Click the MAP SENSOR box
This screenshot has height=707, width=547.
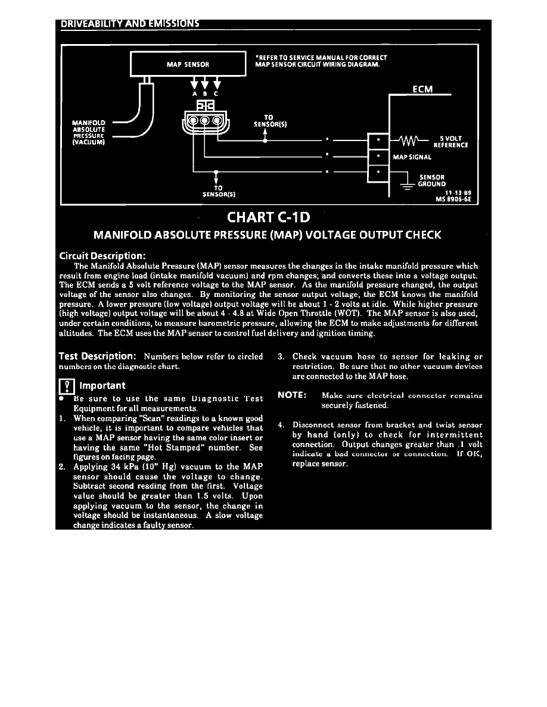click(188, 63)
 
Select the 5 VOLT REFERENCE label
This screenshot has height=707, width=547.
click(450, 142)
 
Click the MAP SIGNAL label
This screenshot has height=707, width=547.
click(412, 157)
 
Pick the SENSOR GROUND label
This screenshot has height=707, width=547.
click(433, 180)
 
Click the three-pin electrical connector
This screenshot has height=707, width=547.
click(204, 121)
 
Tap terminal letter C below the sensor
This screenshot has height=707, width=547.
click(216, 93)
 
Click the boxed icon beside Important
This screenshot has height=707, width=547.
click(65, 387)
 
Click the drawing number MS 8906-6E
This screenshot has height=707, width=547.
click(454, 199)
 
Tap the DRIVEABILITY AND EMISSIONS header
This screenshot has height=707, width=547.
click(129, 24)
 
